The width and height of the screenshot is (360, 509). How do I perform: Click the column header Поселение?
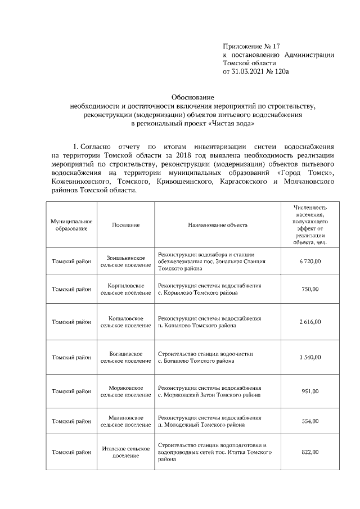tap(125, 225)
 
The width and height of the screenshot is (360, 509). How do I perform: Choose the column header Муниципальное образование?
tap(71, 225)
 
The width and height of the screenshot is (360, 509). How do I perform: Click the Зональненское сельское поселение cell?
tap(125, 262)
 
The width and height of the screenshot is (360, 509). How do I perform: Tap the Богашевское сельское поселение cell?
tap(125, 357)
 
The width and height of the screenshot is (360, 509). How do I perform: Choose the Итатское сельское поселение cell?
tap(125, 452)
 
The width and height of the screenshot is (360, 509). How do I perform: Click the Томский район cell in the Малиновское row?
tap(71, 421)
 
